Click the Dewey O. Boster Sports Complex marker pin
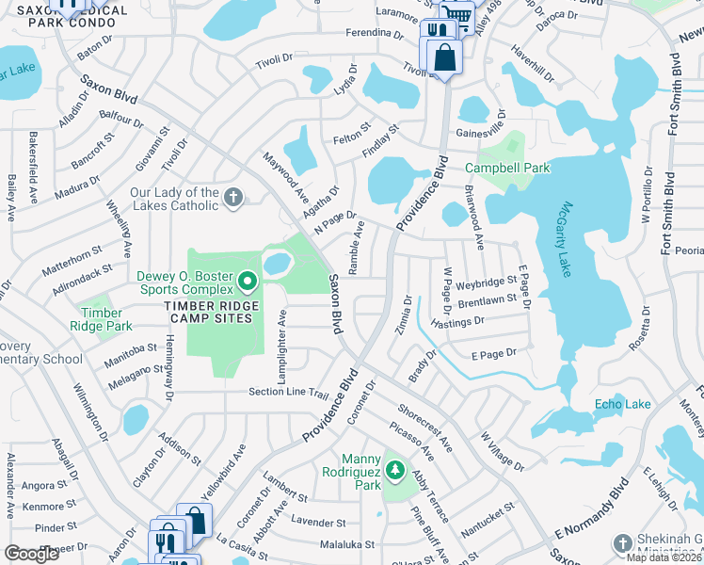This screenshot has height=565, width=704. point(248,280)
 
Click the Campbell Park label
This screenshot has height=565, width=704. point(508,168)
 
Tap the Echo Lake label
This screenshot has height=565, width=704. point(622,404)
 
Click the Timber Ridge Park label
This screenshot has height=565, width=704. point(102,319)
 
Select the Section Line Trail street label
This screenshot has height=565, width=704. point(288,393)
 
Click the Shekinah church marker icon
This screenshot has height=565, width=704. point(622,543)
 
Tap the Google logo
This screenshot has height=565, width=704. point(32,554)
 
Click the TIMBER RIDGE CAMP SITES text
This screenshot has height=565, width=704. point(209,318)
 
